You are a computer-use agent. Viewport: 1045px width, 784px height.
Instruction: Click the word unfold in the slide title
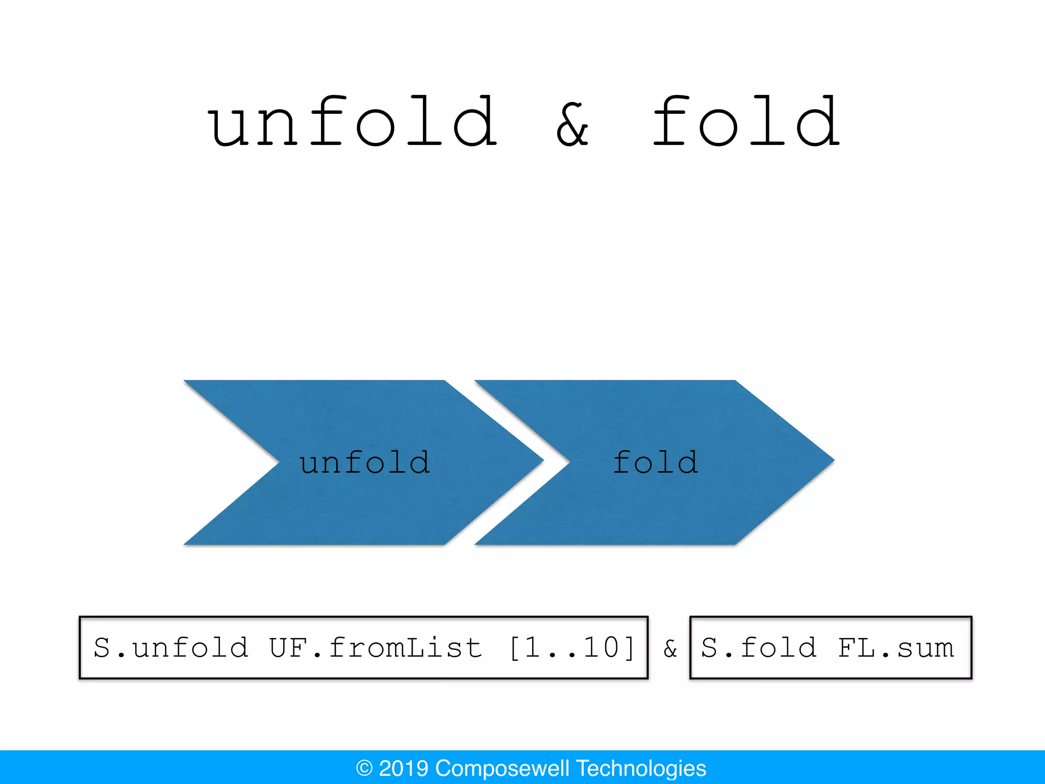click(x=352, y=122)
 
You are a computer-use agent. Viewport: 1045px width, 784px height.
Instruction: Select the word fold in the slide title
click(x=746, y=122)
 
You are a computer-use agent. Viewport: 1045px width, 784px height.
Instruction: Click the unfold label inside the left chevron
click(x=364, y=463)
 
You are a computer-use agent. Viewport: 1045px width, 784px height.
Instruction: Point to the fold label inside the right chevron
click(x=655, y=463)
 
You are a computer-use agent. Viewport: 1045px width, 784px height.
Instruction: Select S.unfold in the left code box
click(x=171, y=648)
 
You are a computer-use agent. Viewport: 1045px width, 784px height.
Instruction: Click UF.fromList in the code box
click(x=376, y=648)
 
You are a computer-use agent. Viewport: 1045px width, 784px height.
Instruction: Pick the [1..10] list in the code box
click(x=572, y=648)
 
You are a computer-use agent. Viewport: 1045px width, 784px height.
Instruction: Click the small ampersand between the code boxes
click(x=670, y=649)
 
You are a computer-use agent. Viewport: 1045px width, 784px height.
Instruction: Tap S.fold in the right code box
click(x=758, y=648)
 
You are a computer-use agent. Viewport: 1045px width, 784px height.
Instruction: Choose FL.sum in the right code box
click(x=895, y=648)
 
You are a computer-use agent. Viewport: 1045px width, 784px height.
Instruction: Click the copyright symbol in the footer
click(x=364, y=768)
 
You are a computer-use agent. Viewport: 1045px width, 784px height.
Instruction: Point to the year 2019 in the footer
click(x=403, y=768)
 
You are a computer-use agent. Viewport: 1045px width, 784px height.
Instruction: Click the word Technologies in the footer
click(x=641, y=768)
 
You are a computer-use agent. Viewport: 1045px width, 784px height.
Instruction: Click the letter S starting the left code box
click(x=102, y=648)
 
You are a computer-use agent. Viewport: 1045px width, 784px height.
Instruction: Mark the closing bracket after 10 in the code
click(x=630, y=648)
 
